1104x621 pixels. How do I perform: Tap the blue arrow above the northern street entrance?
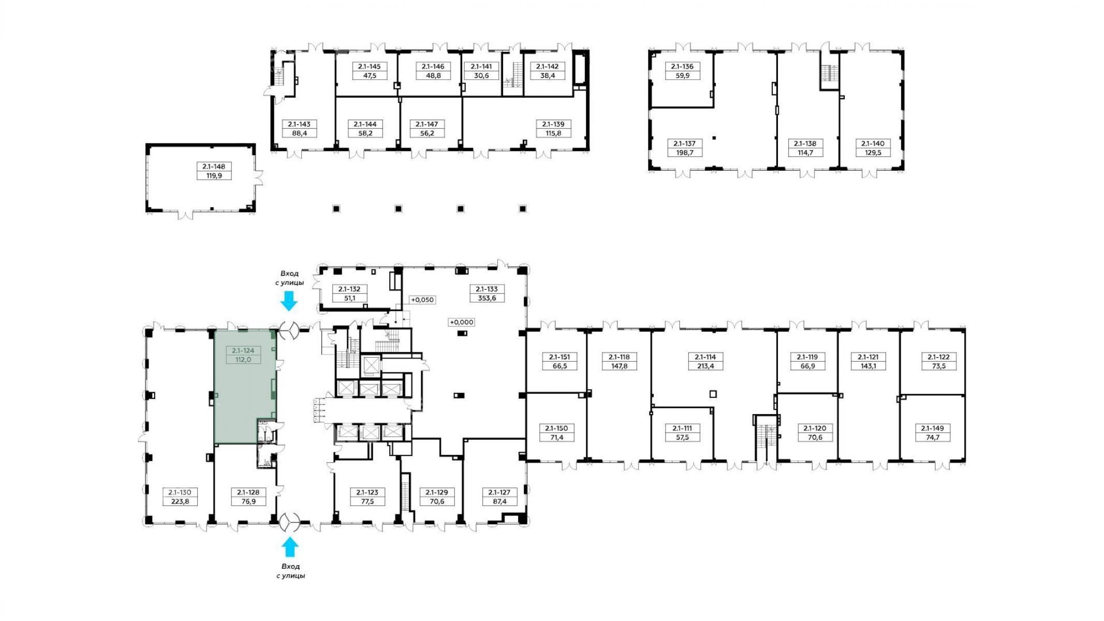289,301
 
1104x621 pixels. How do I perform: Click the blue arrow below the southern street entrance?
289,546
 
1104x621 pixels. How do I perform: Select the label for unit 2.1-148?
214,167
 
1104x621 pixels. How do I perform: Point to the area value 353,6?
487,298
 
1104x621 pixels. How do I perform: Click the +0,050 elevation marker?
422,300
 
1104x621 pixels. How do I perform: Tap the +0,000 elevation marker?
461,322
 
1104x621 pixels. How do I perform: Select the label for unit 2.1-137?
684,143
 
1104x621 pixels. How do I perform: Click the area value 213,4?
705,366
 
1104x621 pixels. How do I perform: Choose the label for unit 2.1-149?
932,428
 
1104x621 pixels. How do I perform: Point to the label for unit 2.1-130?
180,492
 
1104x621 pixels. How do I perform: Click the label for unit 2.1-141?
481,66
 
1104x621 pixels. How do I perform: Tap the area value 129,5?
873,153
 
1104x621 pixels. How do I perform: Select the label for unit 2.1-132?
349,289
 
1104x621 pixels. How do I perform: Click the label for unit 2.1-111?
682,428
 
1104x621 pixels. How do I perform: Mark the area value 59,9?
682,76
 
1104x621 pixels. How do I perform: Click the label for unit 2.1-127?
499,492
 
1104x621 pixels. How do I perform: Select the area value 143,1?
868,366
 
